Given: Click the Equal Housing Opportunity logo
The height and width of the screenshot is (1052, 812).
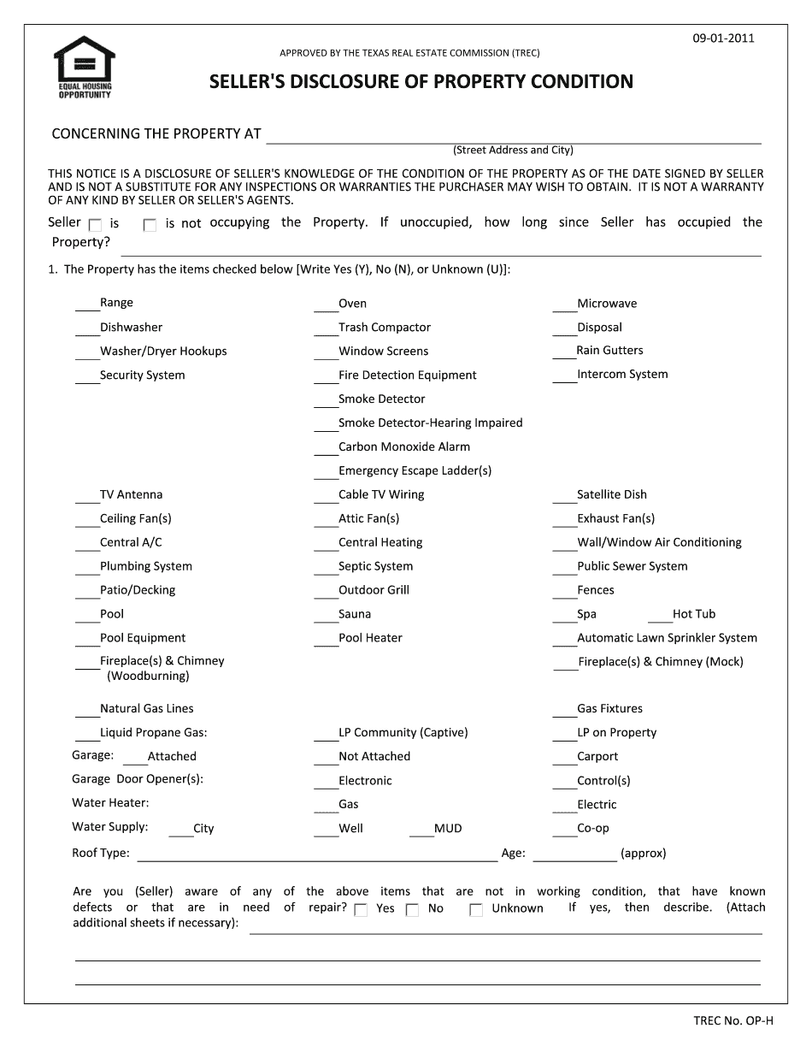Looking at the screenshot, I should (x=84, y=67).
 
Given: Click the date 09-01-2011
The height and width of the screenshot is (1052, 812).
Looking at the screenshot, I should (x=723, y=38).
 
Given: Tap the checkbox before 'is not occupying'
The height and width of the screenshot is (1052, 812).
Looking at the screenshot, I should (x=150, y=226).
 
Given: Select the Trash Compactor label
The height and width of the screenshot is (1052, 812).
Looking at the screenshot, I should (x=384, y=328).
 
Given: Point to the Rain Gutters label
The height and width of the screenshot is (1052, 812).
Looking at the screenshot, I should (x=609, y=351).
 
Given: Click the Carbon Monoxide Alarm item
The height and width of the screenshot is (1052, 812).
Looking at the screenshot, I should (x=403, y=447).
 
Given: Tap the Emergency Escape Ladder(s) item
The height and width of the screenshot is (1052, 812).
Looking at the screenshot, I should (x=415, y=471).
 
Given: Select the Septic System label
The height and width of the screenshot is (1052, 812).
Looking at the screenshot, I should (x=375, y=566).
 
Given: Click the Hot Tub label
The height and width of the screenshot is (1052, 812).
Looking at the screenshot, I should (x=693, y=614).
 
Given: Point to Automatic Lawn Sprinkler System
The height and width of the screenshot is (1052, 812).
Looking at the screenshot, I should (x=667, y=638).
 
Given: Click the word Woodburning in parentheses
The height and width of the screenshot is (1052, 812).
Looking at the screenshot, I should (x=148, y=677).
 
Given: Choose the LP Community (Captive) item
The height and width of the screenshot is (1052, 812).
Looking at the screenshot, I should (x=403, y=733).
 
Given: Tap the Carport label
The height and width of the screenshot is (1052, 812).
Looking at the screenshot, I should (x=597, y=757).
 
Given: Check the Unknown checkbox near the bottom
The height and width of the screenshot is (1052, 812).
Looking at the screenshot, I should (x=476, y=910).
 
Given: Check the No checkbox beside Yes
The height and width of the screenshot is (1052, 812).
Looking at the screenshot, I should (x=412, y=910).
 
